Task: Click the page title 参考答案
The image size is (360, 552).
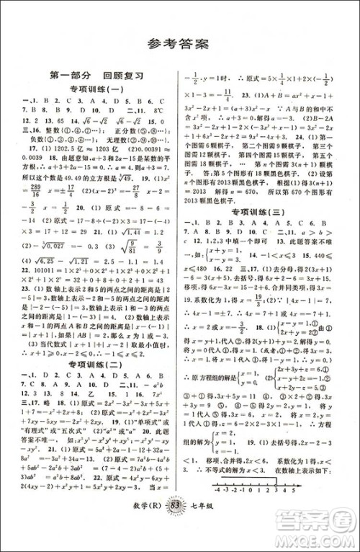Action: (180, 42)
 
